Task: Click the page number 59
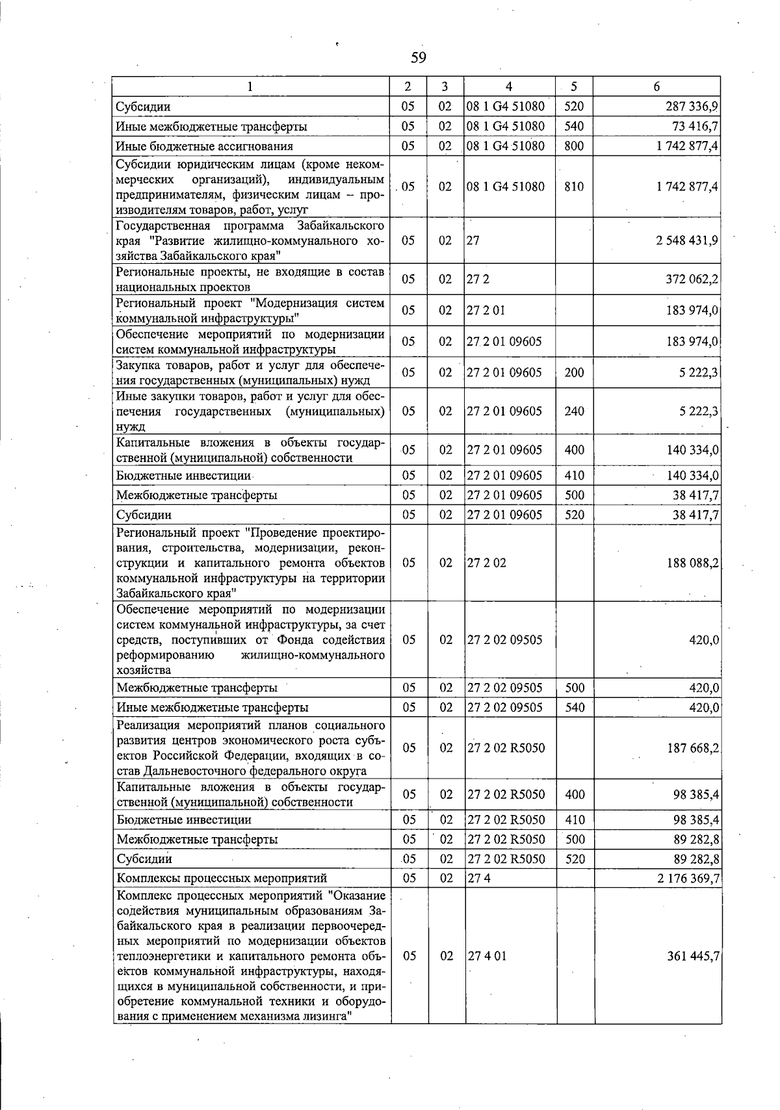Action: coord(418,58)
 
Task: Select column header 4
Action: coord(509,87)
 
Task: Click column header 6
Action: coord(656,87)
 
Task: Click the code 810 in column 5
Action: coord(574,187)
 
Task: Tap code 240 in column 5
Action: coord(574,411)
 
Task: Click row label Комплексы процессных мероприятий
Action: coord(221,879)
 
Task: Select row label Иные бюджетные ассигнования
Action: coord(204,146)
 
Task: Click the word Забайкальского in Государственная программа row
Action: coord(341,226)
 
